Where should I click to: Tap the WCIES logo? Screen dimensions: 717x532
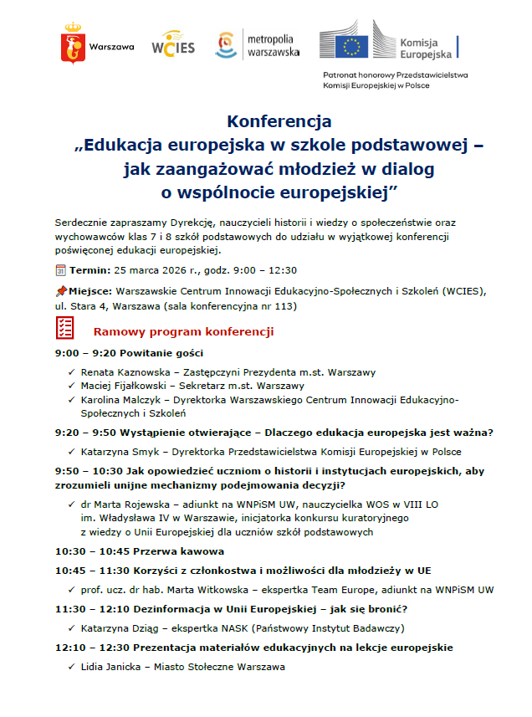coord(173,44)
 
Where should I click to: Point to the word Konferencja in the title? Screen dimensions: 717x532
coord(279,122)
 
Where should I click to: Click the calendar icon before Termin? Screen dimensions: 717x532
coord(60,270)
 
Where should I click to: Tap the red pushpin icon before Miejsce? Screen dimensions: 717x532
coord(60,290)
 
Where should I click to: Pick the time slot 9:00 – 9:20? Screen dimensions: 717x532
coord(80,353)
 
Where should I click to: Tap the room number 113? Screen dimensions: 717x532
coord(288,306)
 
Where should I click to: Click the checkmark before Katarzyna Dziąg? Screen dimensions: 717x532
coord(71,627)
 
